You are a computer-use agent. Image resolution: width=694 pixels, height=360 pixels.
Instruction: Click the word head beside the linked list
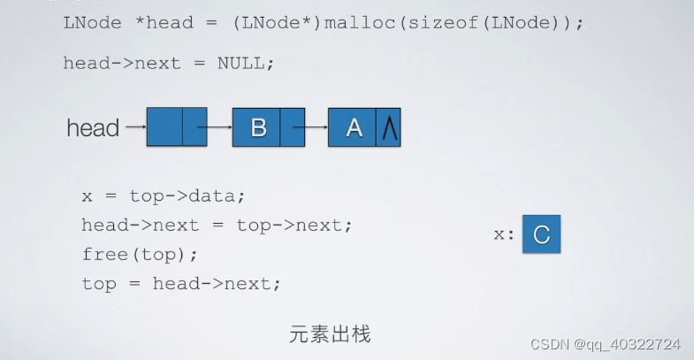(93, 128)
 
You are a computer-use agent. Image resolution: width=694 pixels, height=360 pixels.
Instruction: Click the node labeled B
(257, 127)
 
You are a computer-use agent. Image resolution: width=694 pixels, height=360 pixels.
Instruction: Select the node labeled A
(354, 127)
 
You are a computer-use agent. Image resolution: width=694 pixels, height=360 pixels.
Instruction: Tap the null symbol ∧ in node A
(388, 128)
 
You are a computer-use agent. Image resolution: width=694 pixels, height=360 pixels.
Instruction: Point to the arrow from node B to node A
(316, 127)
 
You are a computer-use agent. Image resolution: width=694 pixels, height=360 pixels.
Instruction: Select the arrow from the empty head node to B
(219, 127)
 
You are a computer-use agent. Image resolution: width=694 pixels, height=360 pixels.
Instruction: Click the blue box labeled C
(541, 234)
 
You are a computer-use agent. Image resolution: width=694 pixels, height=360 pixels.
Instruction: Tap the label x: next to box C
(504, 235)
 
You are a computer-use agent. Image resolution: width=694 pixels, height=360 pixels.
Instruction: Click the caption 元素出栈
(330, 334)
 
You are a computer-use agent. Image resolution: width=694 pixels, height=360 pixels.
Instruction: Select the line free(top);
(140, 254)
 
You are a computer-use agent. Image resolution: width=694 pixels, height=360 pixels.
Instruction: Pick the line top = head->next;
(180, 284)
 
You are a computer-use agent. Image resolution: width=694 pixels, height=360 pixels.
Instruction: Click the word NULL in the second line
(245, 63)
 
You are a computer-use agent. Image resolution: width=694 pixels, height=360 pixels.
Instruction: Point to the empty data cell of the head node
(164, 127)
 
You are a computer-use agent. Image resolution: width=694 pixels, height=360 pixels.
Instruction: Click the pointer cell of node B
(293, 127)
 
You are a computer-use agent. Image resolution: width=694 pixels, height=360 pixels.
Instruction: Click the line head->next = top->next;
(217, 225)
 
